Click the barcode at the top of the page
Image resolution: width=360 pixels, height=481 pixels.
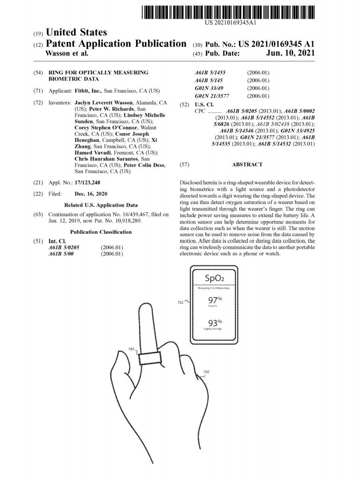click(228, 12)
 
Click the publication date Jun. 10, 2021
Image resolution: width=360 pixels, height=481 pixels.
click(290, 53)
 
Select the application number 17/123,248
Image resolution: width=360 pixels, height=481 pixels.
click(87, 182)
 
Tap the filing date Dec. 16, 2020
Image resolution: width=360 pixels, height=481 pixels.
click(91, 194)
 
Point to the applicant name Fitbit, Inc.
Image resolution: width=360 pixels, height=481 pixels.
click(88, 91)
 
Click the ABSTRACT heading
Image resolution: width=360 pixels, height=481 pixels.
click(247, 164)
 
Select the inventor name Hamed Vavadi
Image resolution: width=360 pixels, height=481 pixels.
click(93, 153)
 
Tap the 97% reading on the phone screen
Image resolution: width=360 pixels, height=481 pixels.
click(215, 299)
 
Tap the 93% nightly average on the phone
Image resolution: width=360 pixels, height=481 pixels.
click(215, 323)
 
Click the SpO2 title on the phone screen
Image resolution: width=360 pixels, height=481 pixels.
click(214, 278)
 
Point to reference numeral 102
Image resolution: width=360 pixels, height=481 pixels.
click(180, 302)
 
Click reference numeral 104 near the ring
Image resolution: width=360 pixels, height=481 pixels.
click(131, 349)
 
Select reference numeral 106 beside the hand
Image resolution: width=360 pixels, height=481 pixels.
click(206, 372)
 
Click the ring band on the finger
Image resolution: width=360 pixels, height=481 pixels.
click(150, 358)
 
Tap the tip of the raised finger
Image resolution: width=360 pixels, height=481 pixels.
click(146, 303)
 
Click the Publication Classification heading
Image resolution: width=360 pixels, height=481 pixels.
click(101, 232)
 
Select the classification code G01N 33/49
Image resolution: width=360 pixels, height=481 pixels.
click(209, 88)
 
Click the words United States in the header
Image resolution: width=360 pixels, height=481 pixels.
click(76, 32)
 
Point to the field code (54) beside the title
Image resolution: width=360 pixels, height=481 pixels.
click(38, 73)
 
